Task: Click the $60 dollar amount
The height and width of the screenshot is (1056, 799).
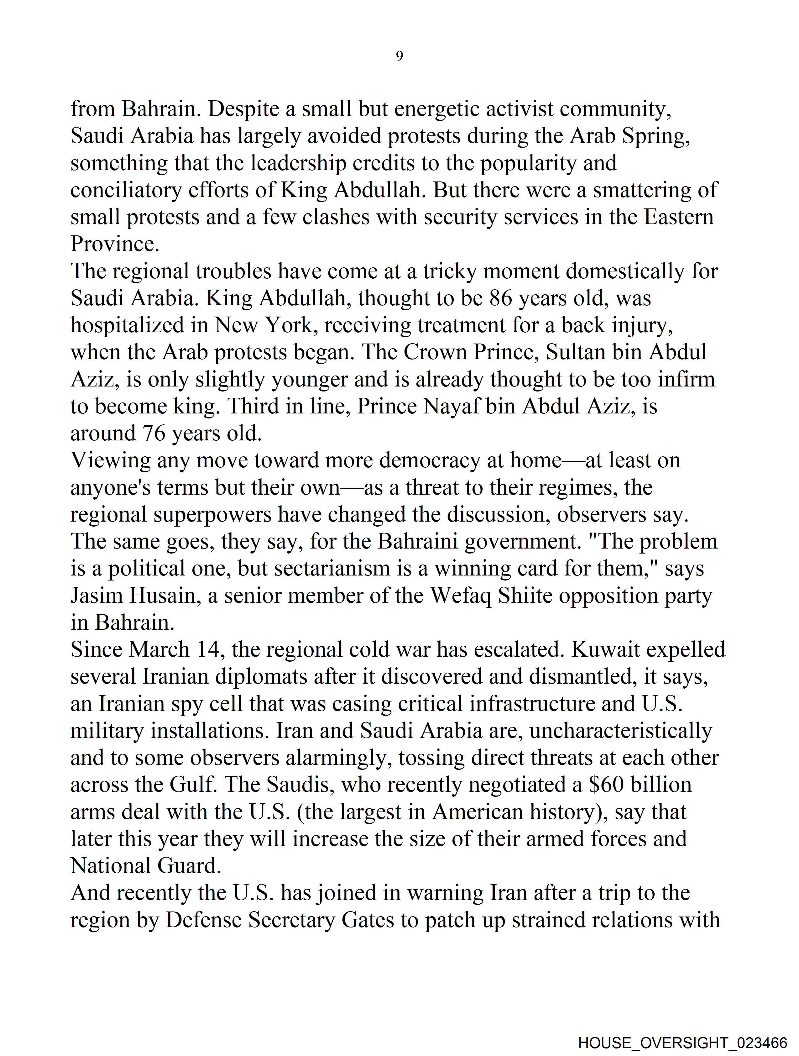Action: click(x=606, y=785)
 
